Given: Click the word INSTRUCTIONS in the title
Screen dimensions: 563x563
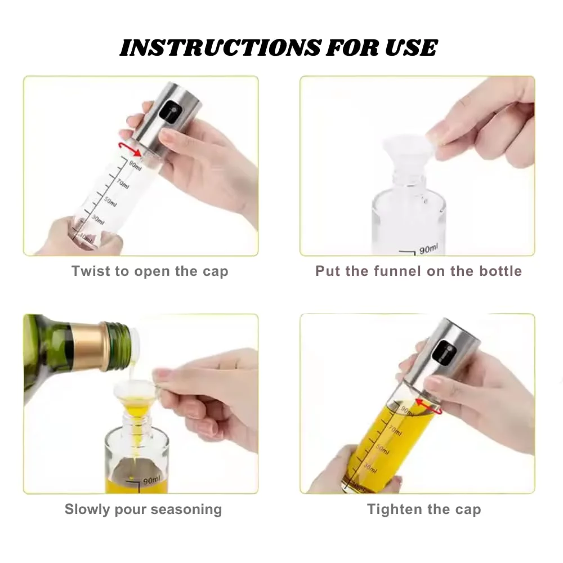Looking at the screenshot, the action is click(220, 47).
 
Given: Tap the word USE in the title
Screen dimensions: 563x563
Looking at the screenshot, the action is click(411, 47).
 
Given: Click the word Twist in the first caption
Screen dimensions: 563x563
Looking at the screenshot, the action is click(90, 271).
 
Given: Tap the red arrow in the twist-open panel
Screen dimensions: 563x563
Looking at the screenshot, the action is click(130, 148).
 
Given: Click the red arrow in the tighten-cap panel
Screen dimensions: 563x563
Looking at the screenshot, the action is click(428, 406).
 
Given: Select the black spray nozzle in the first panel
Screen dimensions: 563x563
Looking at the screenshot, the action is click(169, 110).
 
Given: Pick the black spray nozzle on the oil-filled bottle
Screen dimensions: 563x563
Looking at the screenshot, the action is click(444, 352).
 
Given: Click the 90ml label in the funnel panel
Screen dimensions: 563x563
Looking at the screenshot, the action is click(428, 248).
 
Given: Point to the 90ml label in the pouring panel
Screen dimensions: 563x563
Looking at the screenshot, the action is click(151, 480).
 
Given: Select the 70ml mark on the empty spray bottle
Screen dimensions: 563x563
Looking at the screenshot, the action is click(123, 184).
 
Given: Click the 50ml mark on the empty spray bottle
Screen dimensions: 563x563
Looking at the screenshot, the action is click(110, 202).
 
